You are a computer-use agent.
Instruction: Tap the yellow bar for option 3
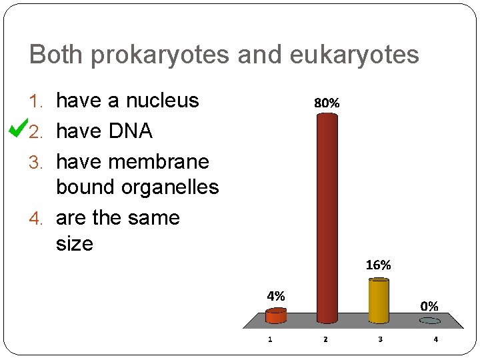click(379, 301)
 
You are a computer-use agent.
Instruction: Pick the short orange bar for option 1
click(275, 315)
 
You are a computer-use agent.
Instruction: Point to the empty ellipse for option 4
click(430, 321)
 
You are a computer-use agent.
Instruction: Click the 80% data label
click(327, 103)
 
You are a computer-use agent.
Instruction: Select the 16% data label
click(378, 265)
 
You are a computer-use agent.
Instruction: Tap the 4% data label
click(275, 295)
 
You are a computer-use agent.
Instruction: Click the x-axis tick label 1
click(270, 339)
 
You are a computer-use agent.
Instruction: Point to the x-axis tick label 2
click(325, 339)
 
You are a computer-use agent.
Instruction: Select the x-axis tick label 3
click(381, 339)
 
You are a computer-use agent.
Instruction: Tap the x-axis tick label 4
click(436, 339)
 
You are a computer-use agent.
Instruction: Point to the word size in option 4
click(75, 243)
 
